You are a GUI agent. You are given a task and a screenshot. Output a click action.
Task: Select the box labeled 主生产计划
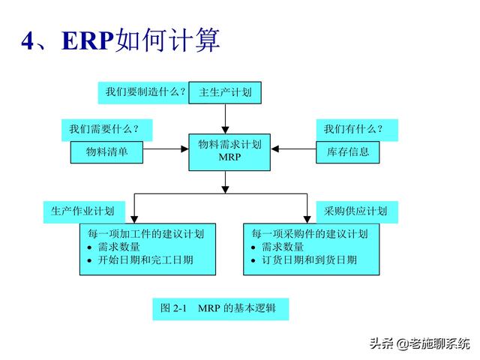224,92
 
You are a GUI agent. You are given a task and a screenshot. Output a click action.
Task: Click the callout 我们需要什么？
105,129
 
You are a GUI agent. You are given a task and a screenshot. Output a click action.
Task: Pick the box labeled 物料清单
107,151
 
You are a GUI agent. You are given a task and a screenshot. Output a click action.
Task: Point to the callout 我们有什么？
353,129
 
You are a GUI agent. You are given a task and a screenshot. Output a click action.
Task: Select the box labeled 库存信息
347,151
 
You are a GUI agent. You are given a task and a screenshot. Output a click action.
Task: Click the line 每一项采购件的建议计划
310,233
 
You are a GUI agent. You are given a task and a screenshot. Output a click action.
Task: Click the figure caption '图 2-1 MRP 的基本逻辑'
220,308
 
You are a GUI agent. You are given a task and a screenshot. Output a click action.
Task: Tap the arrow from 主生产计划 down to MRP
224,118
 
